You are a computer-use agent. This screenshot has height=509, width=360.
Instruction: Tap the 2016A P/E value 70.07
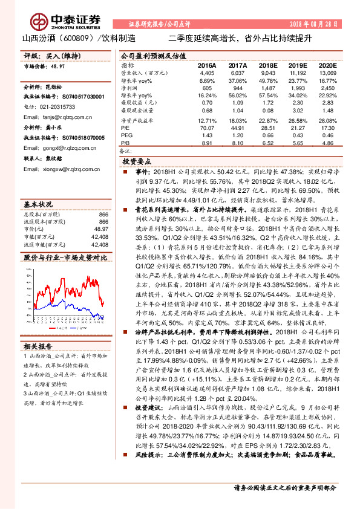pos(207,128)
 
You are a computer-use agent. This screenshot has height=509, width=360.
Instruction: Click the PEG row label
pos(127,135)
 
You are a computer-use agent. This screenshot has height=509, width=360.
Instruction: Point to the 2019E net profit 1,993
pos(297,87)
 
